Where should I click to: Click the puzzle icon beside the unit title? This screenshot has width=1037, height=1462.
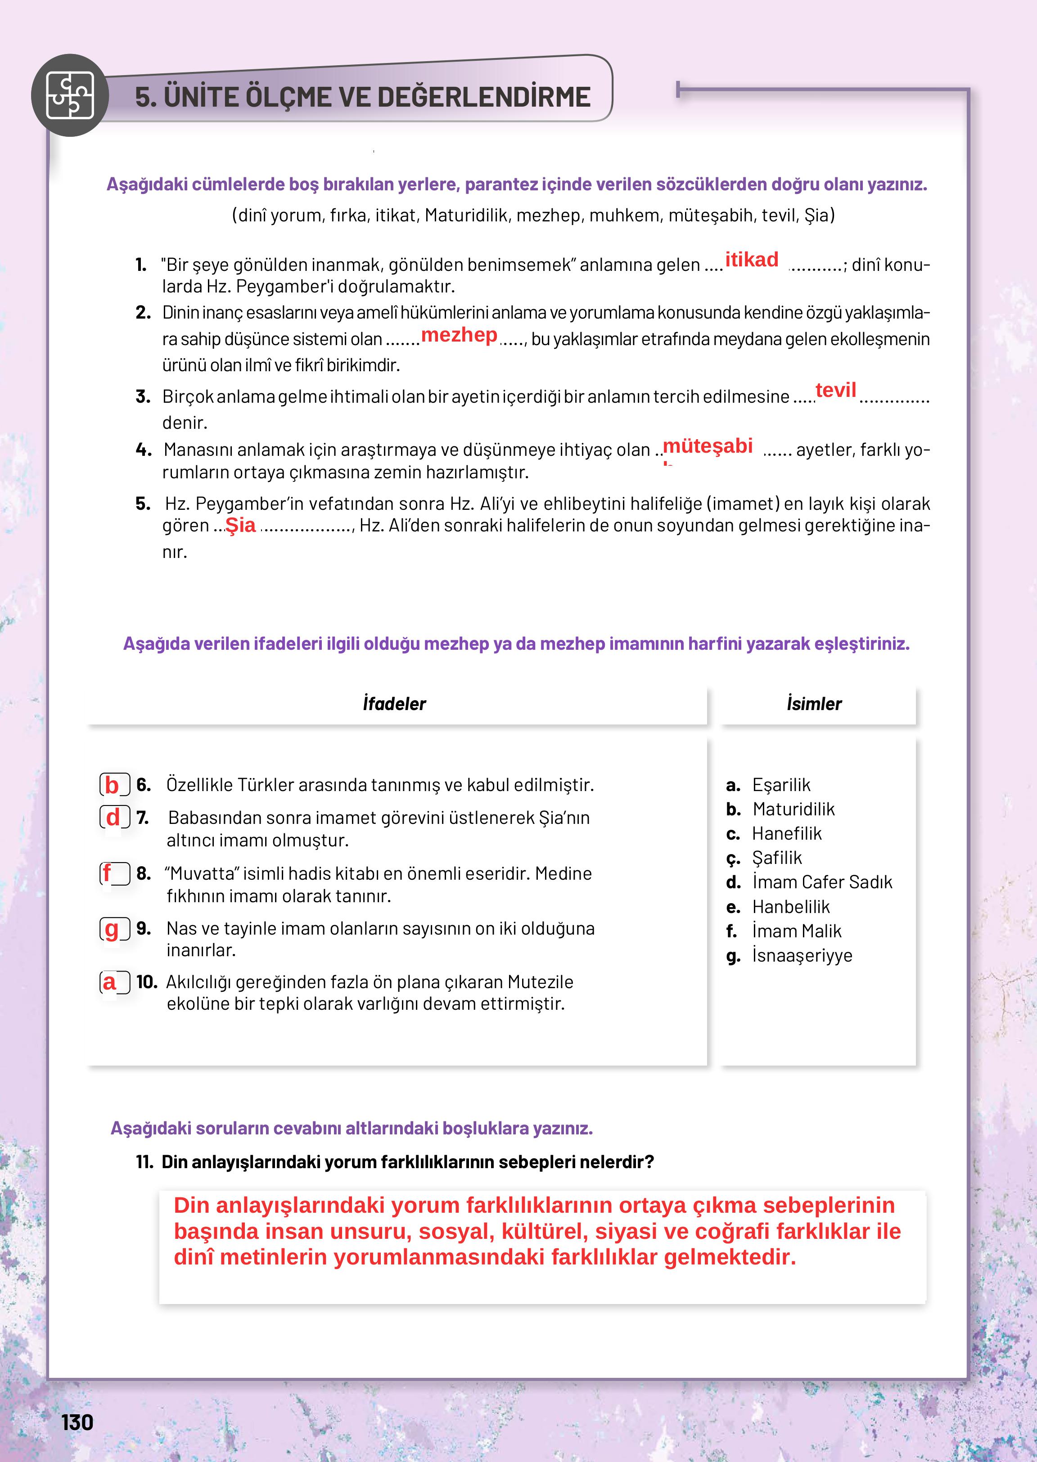[x=70, y=96]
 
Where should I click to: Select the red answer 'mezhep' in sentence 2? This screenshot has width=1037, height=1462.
[x=459, y=335]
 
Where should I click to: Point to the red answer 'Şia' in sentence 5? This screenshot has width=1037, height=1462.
[x=241, y=526]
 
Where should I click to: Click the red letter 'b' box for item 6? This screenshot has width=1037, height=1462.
[x=114, y=785]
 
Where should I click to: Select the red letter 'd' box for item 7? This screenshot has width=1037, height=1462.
[x=114, y=818]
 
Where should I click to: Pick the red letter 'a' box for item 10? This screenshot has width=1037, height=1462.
[x=114, y=982]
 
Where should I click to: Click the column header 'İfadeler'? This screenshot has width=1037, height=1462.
[x=394, y=703]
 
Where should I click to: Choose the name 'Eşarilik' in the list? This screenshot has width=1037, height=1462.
[x=780, y=785]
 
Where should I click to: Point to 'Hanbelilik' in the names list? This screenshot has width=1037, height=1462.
[x=790, y=907]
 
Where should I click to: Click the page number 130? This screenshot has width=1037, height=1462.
[x=77, y=1422]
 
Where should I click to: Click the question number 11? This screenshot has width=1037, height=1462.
[x=144, y=1162]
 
